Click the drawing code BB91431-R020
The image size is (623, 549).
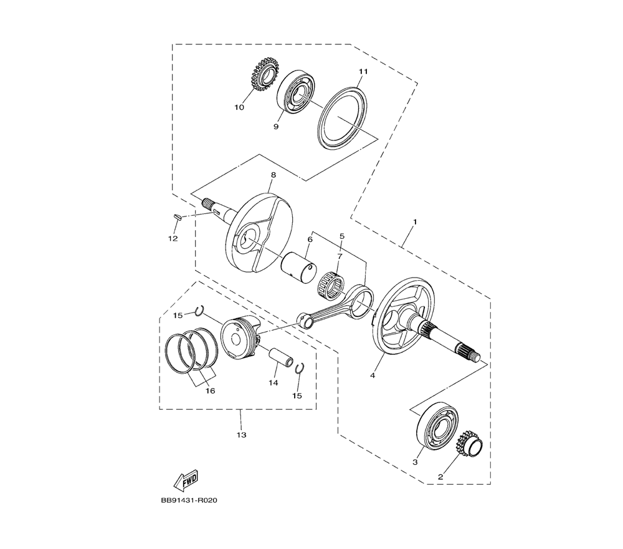pos(189,500)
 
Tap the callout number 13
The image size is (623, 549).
pos(242,435)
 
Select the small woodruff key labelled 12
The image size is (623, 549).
pos(178,217)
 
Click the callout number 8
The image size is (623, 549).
pos(273,175)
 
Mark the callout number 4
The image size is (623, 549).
pos(373,375)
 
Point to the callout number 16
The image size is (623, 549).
pos(210,391)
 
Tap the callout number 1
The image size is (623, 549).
pos(415,221)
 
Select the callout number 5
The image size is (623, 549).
pos(342,236)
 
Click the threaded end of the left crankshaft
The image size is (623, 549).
pos(207,205)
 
